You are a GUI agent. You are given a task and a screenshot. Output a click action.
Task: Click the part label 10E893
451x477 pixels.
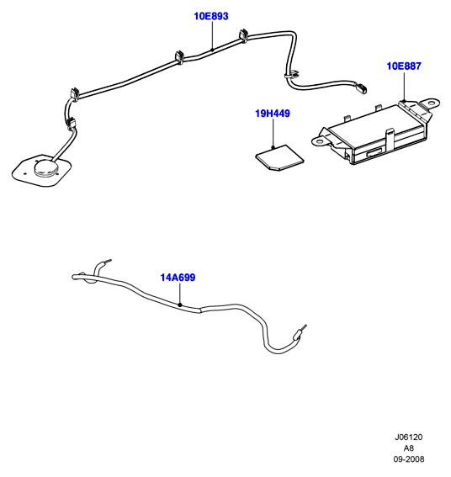pyautogui.click(x=211, y=16)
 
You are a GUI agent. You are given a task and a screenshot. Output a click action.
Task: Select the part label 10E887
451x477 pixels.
pyautogui.click(x=404, y=66)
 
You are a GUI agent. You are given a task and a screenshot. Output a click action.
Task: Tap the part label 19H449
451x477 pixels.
pyautogui.click(x=273, y=114)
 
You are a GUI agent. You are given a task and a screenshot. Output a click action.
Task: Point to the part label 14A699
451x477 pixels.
pyautogui.click(x=178, y=278)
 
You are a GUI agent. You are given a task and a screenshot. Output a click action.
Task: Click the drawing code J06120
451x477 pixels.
pyautogui.click(x=409, y=437)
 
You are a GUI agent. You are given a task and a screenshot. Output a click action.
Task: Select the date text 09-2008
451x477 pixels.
pyautogui.click(x=409, y=459)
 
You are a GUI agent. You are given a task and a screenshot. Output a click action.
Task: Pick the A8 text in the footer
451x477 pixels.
pyautogui.click(x=409, y=448)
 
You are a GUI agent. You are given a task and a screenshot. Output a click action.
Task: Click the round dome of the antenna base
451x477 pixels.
pyautogui.click(x=46, y=167)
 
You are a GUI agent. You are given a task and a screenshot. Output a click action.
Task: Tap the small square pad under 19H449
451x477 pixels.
pyautogui.click(x=279, y=157)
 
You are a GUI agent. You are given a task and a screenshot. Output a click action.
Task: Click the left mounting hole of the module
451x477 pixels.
pyautogui.click(x=319, y=141)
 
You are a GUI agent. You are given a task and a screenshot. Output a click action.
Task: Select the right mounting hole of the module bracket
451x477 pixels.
pyautogui.click(x=432, y=103)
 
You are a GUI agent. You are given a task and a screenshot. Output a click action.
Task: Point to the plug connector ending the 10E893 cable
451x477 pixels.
pyautogui.click(x=361, y=89)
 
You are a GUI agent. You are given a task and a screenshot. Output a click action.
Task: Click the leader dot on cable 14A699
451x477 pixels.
pyautogui.click(x=180, y=305)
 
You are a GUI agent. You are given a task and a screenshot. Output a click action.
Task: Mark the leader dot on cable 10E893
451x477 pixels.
pyautogui.click(x=212, y=50)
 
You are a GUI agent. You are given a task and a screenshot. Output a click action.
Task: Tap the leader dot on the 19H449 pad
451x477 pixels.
pyautogui.click(x=273, y=147)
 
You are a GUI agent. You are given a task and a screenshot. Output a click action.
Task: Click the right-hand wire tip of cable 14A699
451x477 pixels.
pyautogui.click(x=305, y=327)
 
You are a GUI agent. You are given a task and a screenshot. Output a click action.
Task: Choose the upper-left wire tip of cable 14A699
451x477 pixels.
pyautogui.click(x=109, y=261)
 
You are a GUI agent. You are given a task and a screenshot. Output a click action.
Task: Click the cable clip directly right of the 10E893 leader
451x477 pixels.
pyautogui.click(x=243, y=35)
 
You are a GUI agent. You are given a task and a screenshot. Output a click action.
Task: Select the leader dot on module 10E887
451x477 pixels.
pyautogui.click(x=404, y=100)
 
